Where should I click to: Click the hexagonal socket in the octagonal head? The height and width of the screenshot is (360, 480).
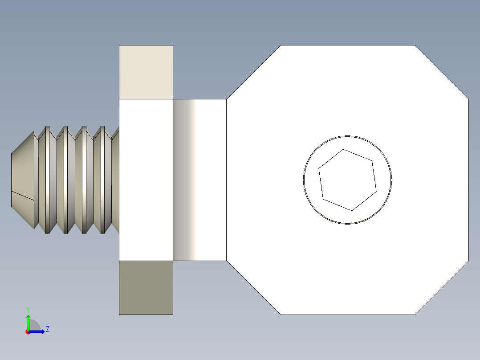click(x=348, y=180)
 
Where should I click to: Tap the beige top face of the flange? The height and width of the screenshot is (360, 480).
click(x=146, y=72)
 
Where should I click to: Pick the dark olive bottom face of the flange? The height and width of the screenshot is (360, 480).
click(x=146, y=287)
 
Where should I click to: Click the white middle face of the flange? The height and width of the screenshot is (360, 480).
click(x=146, y=180)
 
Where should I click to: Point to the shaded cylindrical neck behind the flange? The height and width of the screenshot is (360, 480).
click(x=199, y=180)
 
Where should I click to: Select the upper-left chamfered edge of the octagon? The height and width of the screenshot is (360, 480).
click(x=253, y=72)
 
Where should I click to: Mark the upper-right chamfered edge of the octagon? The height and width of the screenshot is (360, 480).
click(x=442, y=72)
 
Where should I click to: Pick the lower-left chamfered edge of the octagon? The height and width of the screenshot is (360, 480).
click(x=253, y=288)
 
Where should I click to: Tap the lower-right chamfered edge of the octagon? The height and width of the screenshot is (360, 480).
click(x=442, y=288)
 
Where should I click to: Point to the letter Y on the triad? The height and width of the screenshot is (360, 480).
click(x=28, y=309)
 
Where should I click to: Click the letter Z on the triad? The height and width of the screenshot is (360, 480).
click(x=47, y=329)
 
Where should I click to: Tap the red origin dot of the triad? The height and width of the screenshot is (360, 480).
click(x=28, y=332)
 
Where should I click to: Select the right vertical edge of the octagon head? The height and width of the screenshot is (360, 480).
click(x=468, y=180)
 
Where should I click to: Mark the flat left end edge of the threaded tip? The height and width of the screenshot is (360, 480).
click(x=11, y=180)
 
